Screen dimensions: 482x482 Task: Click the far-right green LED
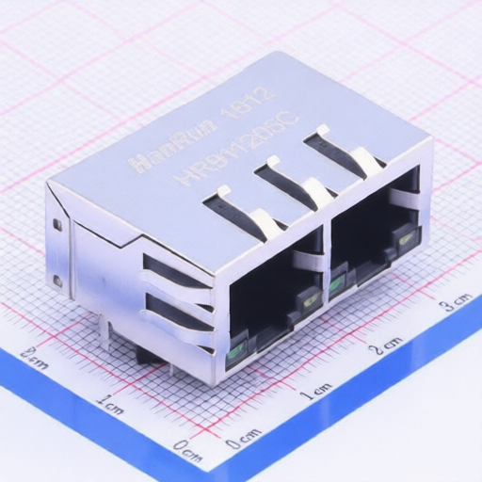point(406,240)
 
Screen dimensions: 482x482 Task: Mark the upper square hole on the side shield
point(57,225)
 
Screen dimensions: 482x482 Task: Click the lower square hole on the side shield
point(57,281)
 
